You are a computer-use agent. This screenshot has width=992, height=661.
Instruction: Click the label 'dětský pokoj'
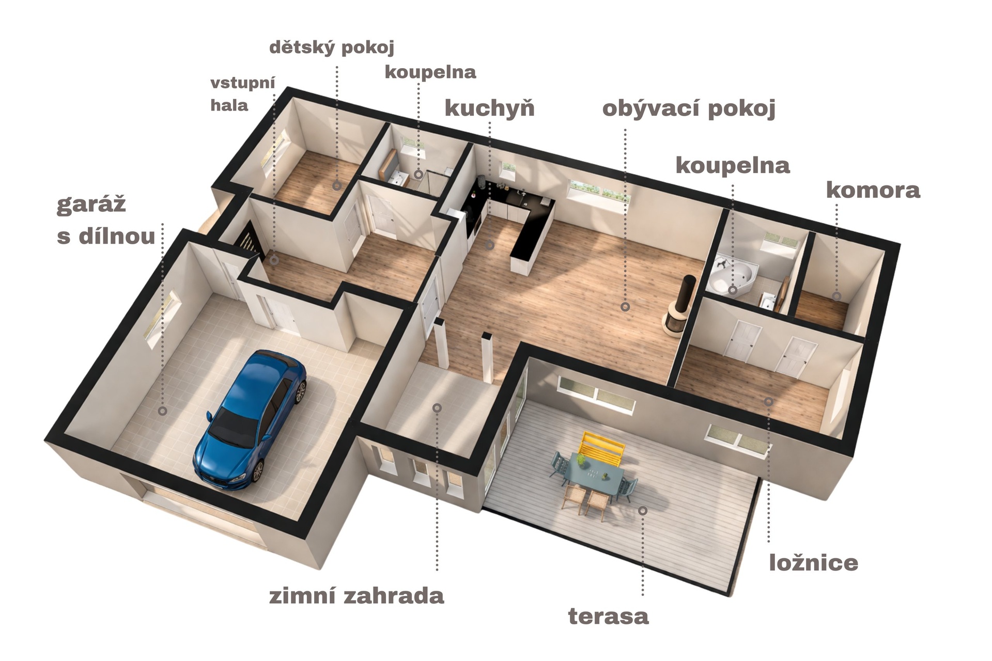332,48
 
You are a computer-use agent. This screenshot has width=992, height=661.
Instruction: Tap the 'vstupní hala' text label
243,94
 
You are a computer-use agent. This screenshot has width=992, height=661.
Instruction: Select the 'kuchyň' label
489,108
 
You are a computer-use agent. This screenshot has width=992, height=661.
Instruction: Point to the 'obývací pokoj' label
689,109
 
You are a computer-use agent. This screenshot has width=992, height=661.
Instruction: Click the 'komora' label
873,190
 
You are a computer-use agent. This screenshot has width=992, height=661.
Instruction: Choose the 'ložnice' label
814,562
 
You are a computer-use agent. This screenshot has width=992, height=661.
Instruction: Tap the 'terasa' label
609,616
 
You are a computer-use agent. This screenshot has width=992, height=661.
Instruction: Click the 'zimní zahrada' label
357,596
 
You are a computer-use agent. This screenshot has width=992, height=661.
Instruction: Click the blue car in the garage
250,419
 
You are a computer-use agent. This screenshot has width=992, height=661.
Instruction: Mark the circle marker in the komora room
836,296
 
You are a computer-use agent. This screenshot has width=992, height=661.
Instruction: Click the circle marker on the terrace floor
643,510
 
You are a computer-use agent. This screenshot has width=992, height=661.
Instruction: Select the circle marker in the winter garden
437,408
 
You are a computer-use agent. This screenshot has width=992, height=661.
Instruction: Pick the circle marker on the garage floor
162,411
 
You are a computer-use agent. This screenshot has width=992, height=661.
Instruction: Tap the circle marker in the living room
625,307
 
